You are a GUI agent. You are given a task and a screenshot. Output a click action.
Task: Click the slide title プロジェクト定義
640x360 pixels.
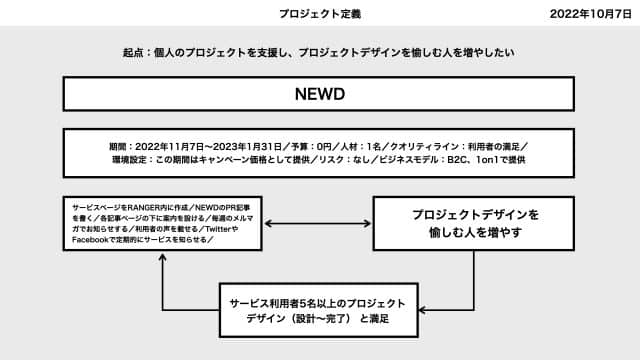point(320,15)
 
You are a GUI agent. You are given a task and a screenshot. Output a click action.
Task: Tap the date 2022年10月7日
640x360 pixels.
point(593,15)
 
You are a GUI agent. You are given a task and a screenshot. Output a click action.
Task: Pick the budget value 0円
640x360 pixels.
point(318,144)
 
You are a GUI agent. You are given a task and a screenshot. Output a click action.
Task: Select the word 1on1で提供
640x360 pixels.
point(502,158)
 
